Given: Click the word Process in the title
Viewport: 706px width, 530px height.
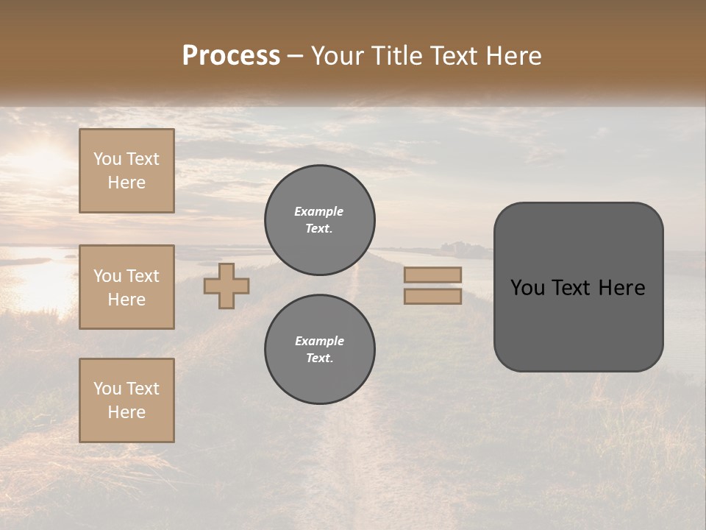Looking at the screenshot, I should click(231, 56).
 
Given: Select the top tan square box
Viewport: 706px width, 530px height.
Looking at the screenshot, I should click(126, 171).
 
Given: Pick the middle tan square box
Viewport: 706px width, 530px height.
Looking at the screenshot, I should click(126, 287).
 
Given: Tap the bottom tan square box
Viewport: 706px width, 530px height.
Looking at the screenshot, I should click(126, 400).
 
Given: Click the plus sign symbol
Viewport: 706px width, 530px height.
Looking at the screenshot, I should click(227, 286).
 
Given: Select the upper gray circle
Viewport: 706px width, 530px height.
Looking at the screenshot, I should click(319, 219).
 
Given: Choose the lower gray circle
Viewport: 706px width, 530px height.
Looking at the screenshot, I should click(319, 349).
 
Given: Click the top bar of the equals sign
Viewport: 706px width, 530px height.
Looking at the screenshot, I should click(432, 275).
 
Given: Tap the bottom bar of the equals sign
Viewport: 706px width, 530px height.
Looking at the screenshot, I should click(432, 296).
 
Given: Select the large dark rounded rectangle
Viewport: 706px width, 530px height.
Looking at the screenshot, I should click(578, 324).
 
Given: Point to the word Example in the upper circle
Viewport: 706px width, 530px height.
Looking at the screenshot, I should click(318, 211).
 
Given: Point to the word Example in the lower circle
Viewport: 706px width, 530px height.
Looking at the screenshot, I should click(319, 341).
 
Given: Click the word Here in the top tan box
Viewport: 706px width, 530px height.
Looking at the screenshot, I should click(126, 183).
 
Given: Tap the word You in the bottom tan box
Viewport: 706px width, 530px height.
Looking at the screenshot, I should click(107, 389).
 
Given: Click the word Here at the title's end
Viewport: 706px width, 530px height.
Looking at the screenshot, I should click(513, 56).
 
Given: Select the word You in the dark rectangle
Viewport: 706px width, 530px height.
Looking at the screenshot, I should click(527, 288).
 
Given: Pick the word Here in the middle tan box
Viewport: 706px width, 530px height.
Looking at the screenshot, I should click(126, 300).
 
